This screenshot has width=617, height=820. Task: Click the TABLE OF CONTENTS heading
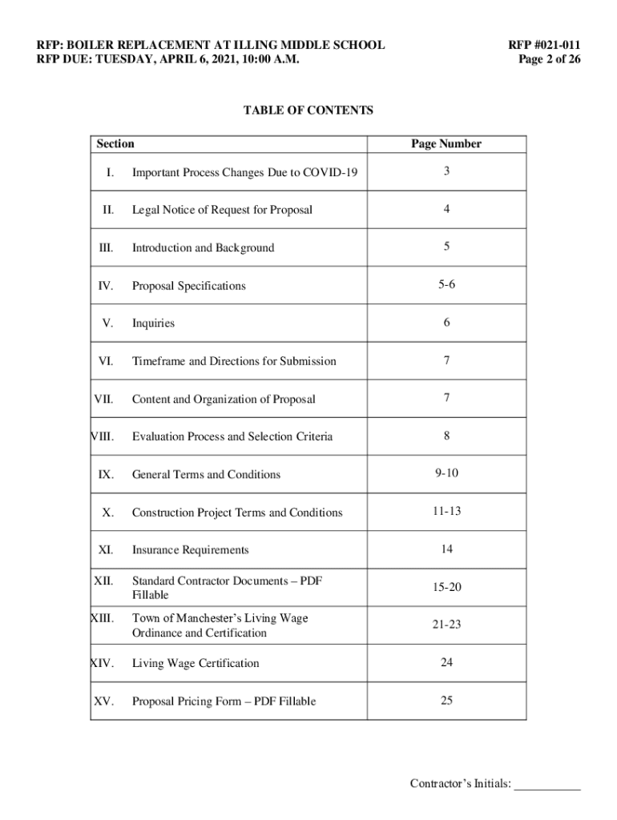pos(308,111)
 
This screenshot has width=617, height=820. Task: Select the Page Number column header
pos(446,144)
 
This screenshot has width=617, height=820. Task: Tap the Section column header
pos(115,144)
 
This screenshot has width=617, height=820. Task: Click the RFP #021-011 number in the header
pos(544,45)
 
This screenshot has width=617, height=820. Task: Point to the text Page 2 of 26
pos(550,59)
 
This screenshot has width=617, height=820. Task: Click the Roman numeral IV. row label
pos(105,286)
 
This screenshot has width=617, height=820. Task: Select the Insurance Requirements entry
pos(190,550)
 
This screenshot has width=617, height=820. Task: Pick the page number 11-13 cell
pos(446,512)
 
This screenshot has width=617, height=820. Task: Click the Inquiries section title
pos(153,324)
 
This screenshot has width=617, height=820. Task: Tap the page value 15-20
pos(446,587)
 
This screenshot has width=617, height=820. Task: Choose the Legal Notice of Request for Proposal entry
pos(222,210)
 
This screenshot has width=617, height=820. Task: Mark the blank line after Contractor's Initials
pos(546,784)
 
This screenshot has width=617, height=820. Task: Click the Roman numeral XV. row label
pos(103,701)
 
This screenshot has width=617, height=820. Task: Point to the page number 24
pos(446,662)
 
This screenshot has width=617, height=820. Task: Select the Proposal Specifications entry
pos(188,286)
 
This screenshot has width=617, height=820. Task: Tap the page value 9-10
pos(446,473)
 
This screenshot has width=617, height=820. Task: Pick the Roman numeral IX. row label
pos(106,475)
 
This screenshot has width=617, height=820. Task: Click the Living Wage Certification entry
pos(196,663)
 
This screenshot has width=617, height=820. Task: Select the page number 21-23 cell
pos(446,625)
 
